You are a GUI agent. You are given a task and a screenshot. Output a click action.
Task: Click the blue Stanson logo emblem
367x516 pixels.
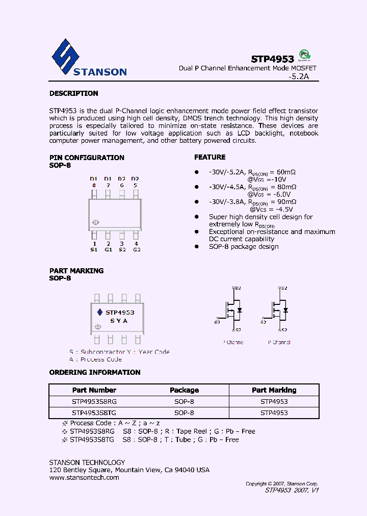point(65,56)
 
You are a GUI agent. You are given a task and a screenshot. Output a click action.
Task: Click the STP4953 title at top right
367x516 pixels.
point(272,59)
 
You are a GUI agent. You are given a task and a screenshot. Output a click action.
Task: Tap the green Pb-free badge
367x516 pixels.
point(304,55)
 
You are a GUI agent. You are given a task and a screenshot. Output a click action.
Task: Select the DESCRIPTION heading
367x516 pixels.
point(73,93)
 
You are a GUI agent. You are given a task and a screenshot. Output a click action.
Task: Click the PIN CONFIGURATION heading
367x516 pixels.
point(87,158)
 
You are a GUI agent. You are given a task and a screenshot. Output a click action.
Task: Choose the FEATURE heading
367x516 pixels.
point(209,157)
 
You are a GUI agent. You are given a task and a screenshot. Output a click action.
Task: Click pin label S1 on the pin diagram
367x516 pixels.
point(94,249)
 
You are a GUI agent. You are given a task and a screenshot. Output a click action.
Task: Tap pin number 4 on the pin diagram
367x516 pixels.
point(136,244)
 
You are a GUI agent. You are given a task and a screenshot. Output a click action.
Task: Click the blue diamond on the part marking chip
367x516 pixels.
point(100,312)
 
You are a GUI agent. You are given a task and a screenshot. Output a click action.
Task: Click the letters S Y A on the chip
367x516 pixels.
point(119,321)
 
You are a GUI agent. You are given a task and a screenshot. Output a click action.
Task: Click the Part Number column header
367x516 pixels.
point(94,390)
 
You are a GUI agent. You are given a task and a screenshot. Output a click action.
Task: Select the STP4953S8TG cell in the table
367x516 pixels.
point(94,413)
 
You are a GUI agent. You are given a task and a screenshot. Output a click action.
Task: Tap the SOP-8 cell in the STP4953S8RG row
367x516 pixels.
point(184,401)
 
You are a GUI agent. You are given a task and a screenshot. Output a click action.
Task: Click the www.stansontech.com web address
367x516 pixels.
point(84,478)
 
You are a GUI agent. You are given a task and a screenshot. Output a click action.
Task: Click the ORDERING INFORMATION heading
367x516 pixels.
point(95,372)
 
